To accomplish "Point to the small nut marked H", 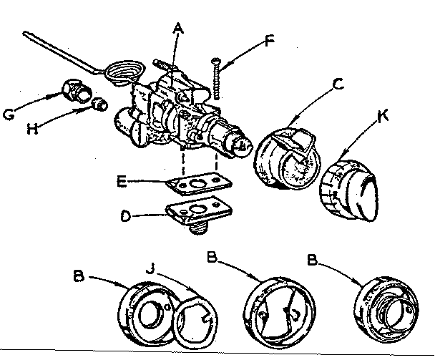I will click(x=101, y=106).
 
